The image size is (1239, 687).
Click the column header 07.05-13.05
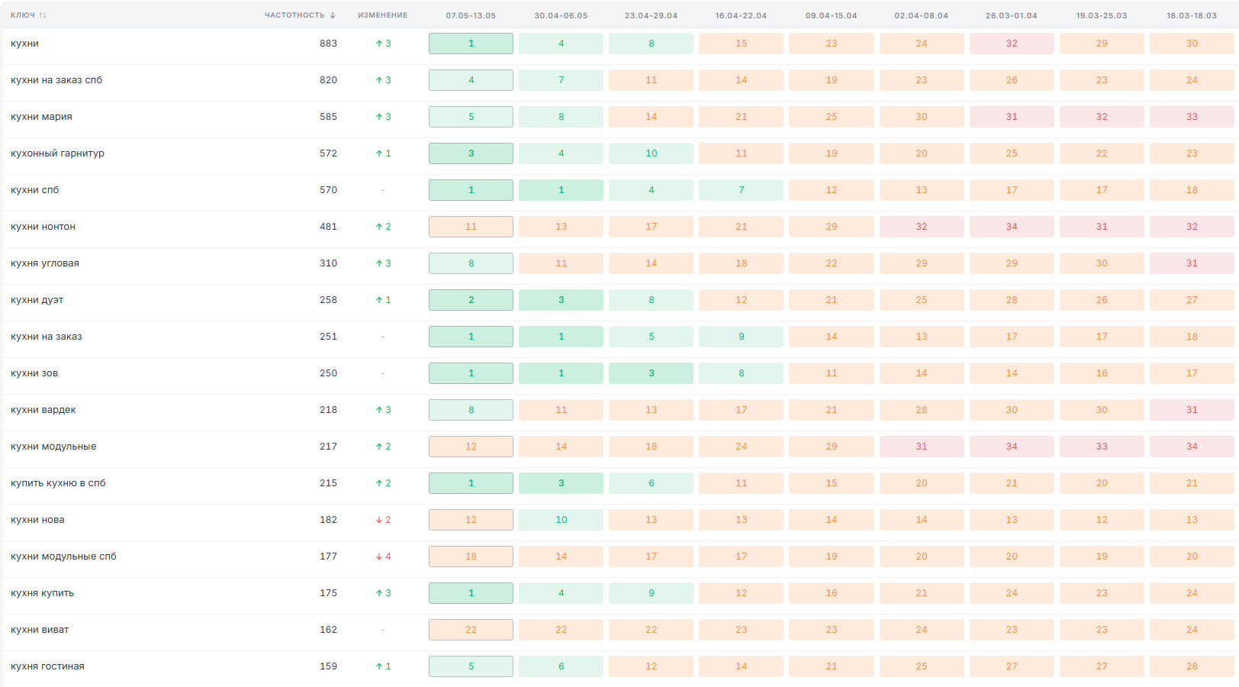click(471, 15)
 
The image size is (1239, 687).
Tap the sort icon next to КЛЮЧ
click(43, 15)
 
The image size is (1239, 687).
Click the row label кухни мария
click(41, 117)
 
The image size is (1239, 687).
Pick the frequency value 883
click(328, 44)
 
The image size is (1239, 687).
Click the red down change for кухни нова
click(383, 520)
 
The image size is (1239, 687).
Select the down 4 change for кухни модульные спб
click(383, 556)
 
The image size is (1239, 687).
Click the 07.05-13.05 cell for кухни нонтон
click(471, 227)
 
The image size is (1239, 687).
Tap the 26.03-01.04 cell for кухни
click(1012, 44)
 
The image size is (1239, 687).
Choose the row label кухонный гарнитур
click(57, 153)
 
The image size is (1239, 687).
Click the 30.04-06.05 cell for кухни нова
click(561, 520)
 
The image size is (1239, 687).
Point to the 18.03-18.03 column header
click(1192, 15)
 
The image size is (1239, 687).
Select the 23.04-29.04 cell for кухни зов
click(651, 373)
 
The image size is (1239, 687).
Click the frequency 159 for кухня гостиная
click(328, 666)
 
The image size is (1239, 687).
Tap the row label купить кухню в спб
click(58, 483)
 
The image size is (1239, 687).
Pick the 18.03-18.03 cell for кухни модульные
click(1192, 447)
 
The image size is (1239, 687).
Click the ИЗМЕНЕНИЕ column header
click(383, 15)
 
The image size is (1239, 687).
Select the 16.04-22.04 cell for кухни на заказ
click(742, 337)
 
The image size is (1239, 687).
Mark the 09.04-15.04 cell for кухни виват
click(832, 630)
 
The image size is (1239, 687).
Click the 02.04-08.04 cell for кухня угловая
click(922, 263)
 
